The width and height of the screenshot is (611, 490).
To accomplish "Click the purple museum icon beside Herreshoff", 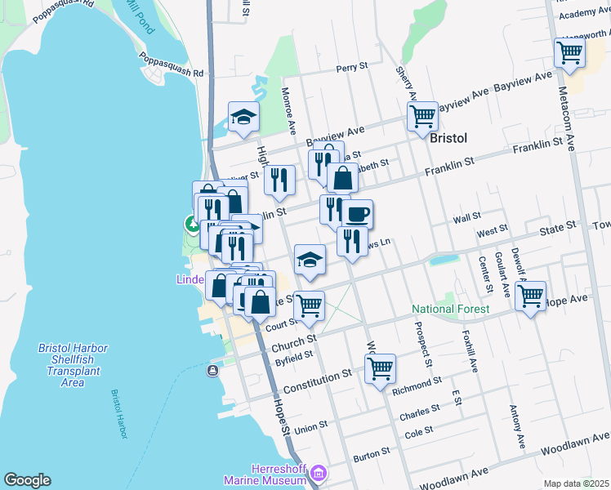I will pos(319,473).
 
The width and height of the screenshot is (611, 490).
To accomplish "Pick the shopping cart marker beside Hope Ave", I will pos(531,296).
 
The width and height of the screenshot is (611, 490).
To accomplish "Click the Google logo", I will pos(27,480).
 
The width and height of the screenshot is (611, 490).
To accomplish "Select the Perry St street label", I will pos(353,69).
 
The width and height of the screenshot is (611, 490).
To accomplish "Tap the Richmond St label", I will pos(417,381).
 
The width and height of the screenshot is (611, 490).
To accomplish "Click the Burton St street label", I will pos(372,457).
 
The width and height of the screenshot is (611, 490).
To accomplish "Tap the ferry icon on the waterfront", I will pos(212,371).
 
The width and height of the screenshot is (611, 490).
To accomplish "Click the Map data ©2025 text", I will pos(577,483).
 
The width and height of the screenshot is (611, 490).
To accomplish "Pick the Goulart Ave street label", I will pos(505,278).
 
